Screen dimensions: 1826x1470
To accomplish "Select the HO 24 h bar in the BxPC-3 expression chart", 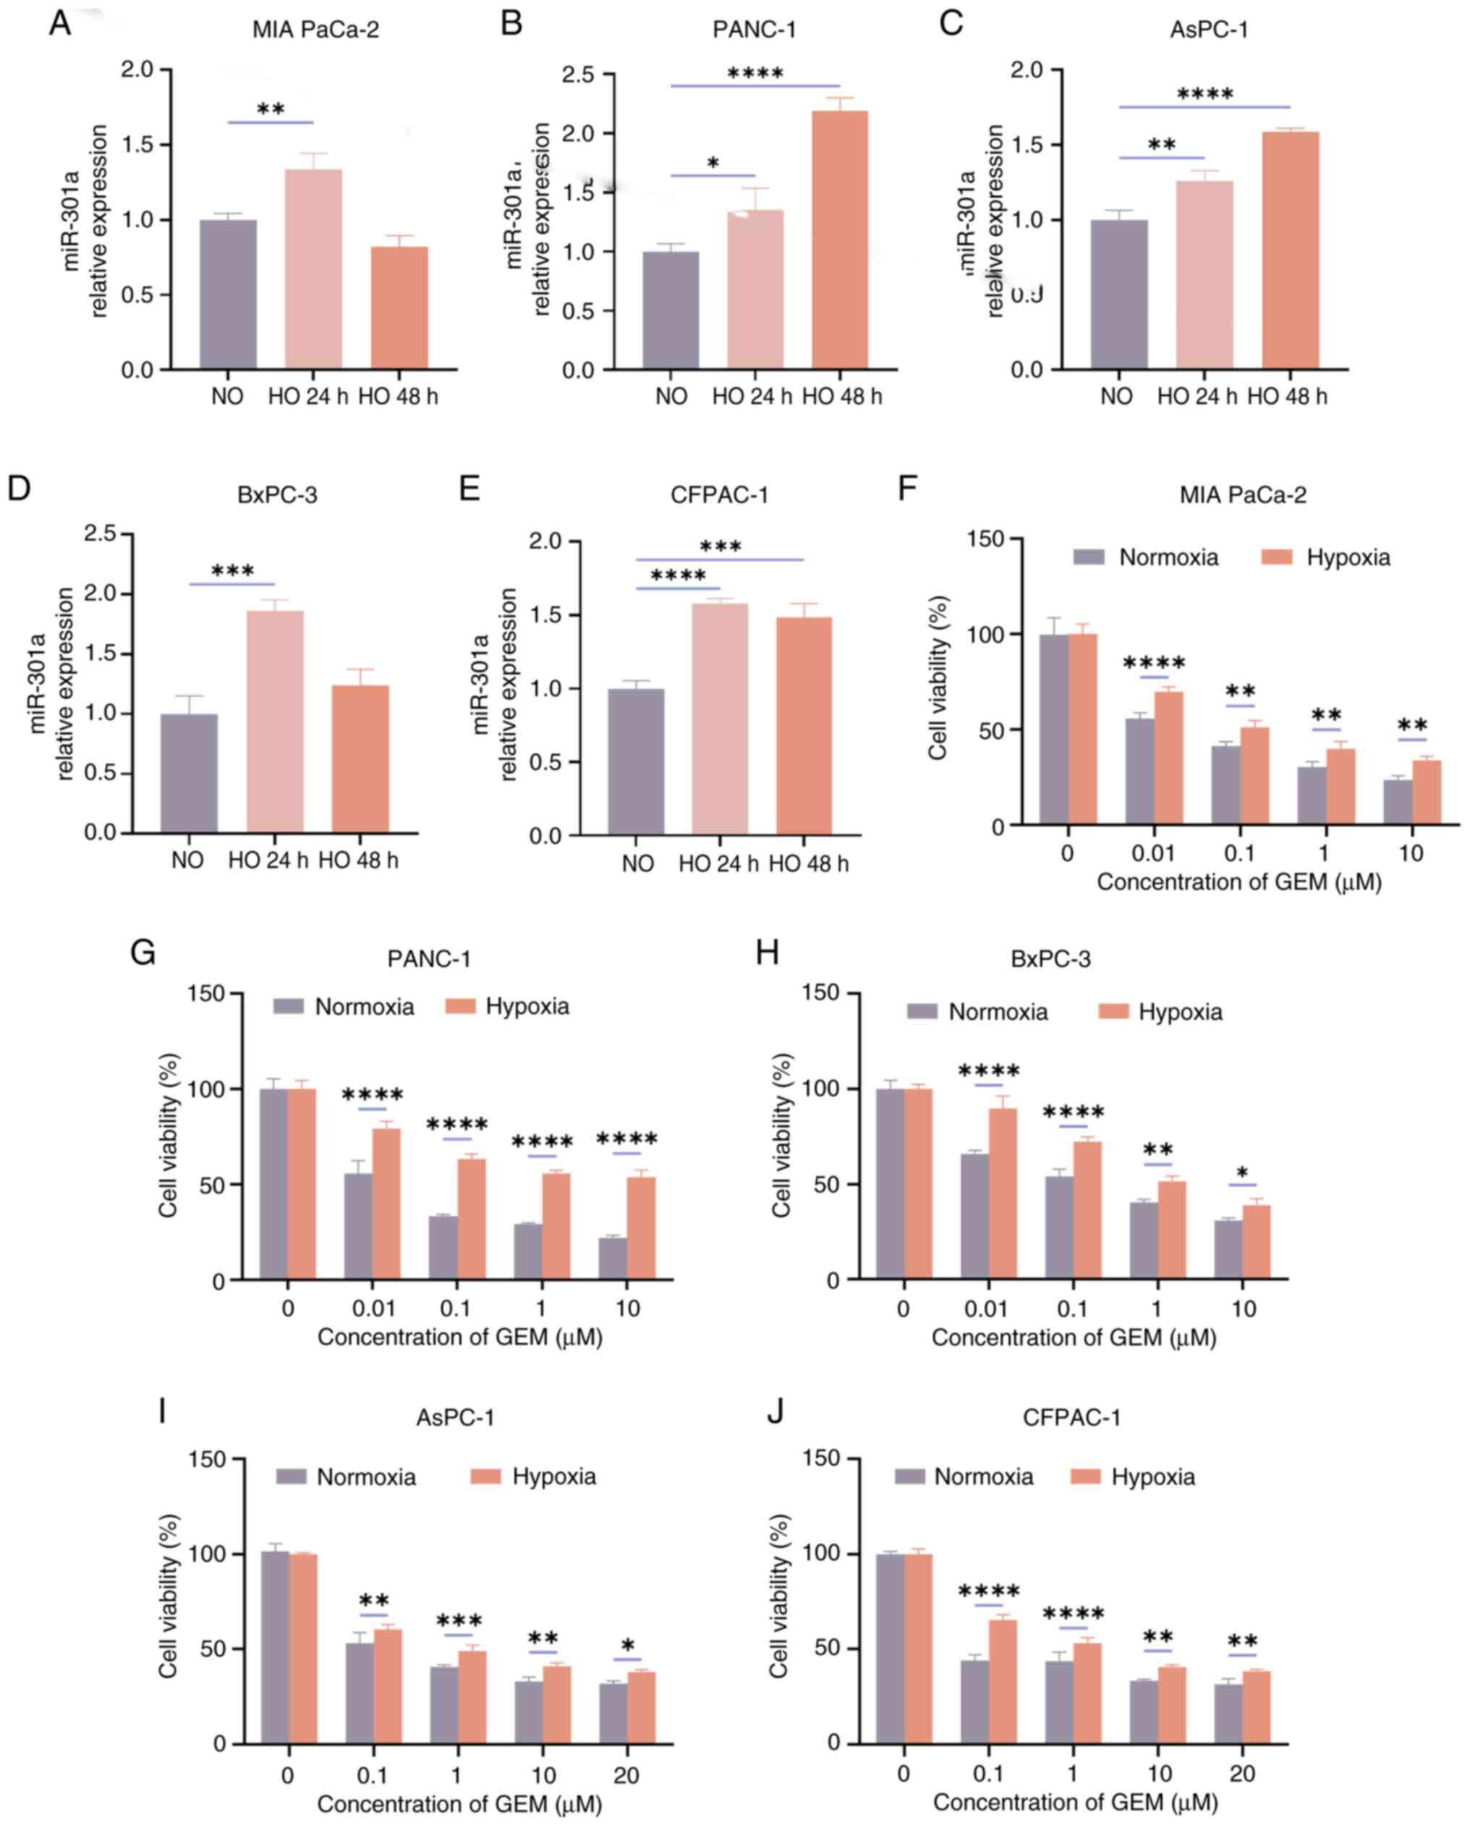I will [274, 721].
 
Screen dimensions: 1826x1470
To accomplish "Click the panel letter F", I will [907, 489].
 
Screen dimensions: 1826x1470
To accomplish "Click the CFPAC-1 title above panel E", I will [719, 494].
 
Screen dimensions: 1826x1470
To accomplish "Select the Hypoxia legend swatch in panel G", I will [462, 1006].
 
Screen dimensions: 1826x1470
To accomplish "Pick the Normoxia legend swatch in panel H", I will [922, 1011].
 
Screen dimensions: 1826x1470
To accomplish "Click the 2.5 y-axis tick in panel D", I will [101, 533].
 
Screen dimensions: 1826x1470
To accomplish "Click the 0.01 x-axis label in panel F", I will [1153, 853].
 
